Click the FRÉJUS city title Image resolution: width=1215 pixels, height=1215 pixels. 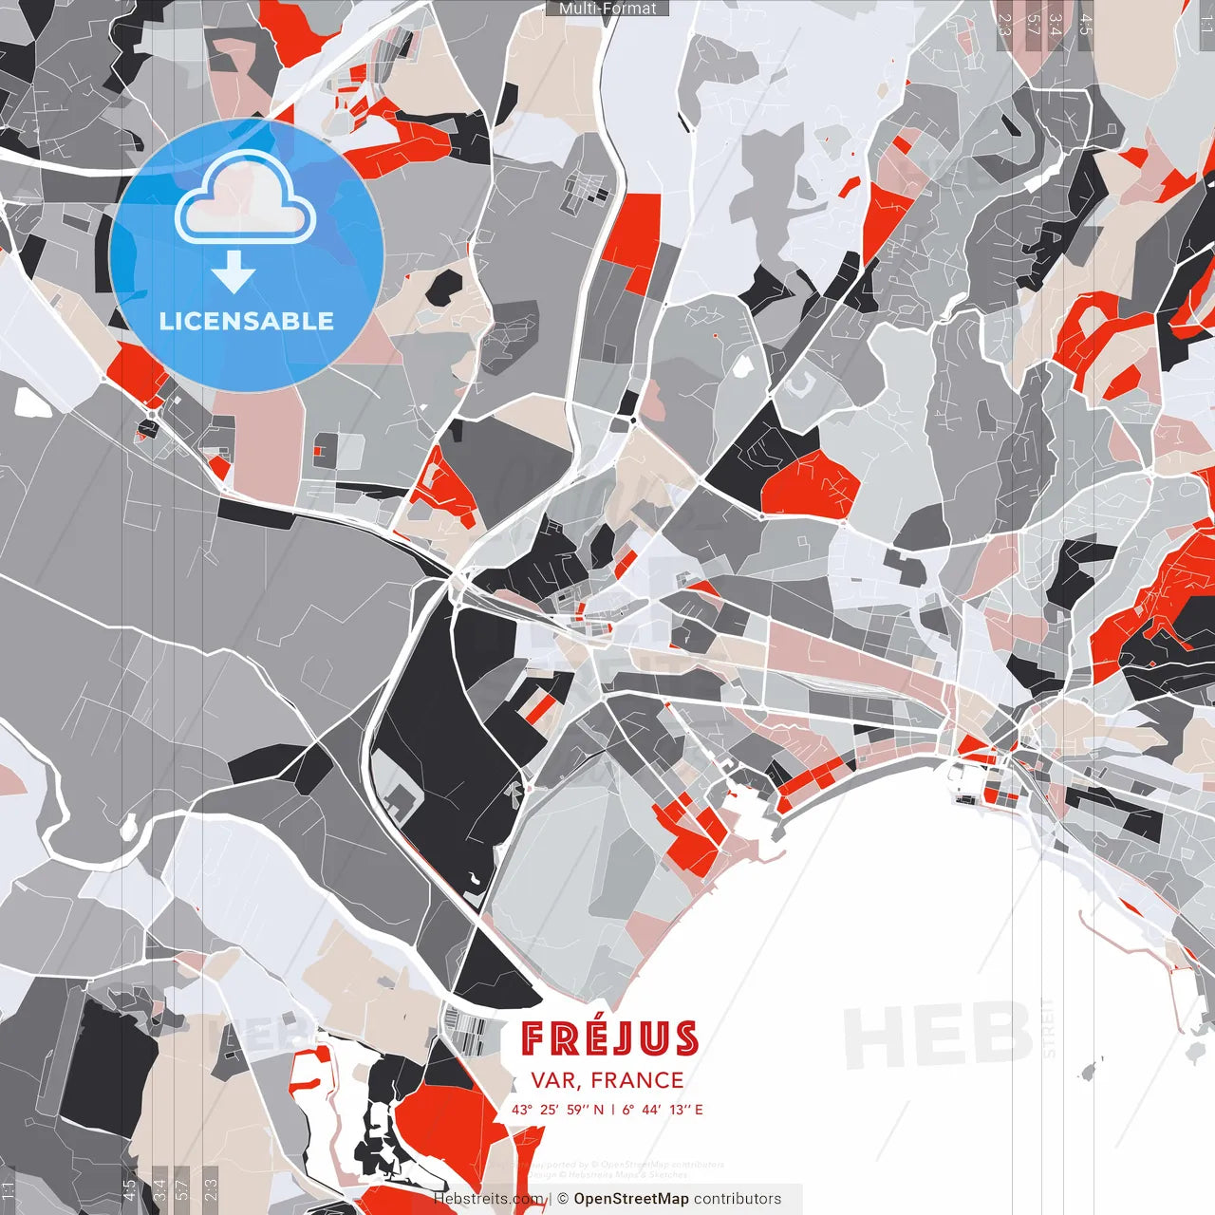pyautogui.click(x=609, y=1038)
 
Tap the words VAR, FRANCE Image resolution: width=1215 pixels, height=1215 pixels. pyautogui.click(x=607, y=1080)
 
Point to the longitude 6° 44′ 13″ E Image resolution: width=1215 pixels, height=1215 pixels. pyautogui.click(x=663, y=1109)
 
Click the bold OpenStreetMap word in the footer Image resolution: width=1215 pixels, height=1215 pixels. pyautogui.click(x=631, y=1199)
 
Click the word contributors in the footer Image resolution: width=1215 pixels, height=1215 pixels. pyautogui.click(x=738, y=1199)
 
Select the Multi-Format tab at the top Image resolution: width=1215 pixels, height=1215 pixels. pyautogui.click(x=607, y=9)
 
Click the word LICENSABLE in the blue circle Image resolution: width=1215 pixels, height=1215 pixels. pyautogui.click(x=247, y=321)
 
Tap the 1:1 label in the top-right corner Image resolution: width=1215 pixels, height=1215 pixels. pyautogui.click(x=1206, y=19)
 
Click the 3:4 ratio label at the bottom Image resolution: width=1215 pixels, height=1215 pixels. pyautogui.click(x=159, y=1190)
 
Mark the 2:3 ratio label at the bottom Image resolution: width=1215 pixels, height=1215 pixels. pyautogui.click(x=211, y=1190)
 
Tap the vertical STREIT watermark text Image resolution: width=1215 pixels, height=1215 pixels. pyautogui.click(x=1048, y=1028)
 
